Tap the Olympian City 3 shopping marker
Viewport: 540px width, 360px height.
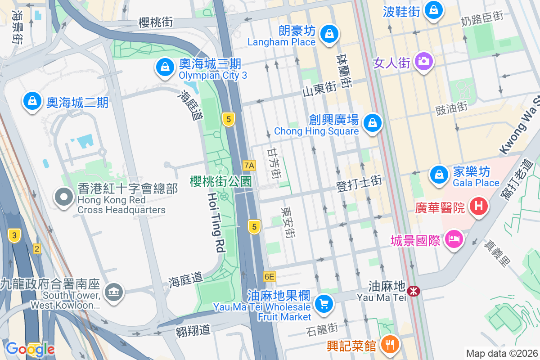pos(165,67)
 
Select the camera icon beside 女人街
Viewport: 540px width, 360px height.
pos(423,60)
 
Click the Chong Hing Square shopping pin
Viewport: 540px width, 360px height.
pos(372,122)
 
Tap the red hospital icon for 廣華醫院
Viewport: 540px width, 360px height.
pos(479,207)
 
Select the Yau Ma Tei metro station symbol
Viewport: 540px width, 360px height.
pos(413,291)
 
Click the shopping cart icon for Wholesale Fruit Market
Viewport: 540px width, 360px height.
pos(324,303)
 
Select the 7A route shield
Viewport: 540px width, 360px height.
pos(249,166)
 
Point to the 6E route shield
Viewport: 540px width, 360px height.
pos(270,277)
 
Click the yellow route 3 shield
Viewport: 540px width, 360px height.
pos(15,235)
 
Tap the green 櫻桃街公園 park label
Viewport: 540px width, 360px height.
pos(220,181)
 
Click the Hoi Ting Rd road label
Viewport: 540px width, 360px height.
pos(216,222)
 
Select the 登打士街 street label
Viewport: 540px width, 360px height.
pos(359,184)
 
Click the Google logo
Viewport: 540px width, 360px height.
pos(30,349)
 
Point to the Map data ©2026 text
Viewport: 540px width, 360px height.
pos(501,353)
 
